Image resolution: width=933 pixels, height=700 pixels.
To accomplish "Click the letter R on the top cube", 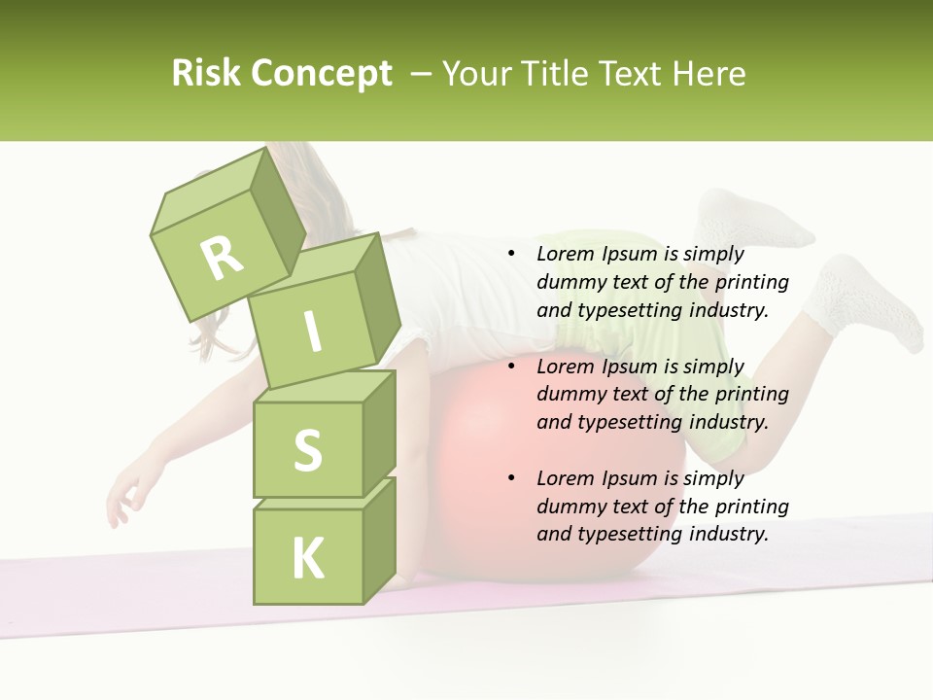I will [222, 258].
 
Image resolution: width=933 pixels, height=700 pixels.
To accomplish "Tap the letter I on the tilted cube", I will [312, 332].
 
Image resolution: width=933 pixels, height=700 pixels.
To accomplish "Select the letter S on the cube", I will [307, 450].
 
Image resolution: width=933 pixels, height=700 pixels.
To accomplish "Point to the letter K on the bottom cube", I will [307, 558].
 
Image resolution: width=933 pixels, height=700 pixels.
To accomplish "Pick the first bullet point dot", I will [511, 254].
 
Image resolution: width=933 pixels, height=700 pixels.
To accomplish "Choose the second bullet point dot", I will [511, 367].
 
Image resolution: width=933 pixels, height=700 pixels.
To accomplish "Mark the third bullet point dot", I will [511, 478].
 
